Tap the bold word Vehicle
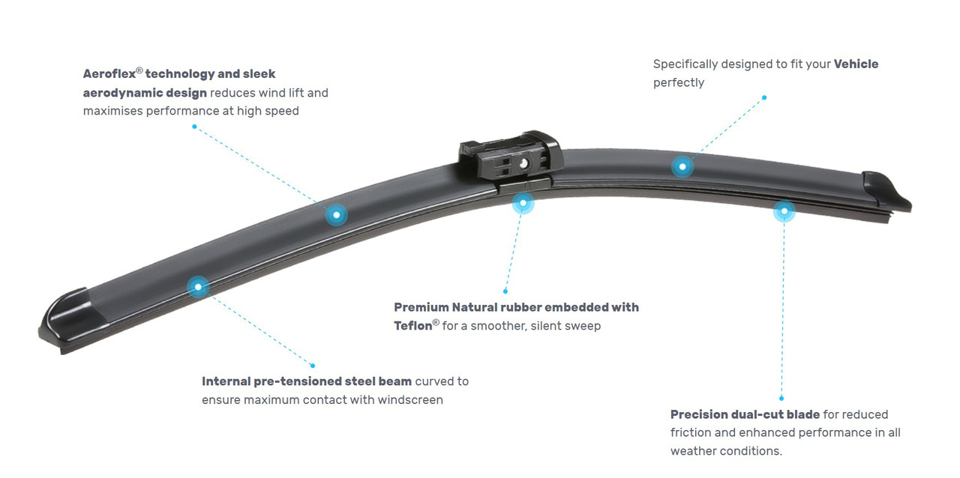(x=856, y=64)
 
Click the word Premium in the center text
(x=421, y=307)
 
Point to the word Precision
(x=699, y=414)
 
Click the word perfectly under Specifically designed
(x=678, y=82)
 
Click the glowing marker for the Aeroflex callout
(x=336, y=215)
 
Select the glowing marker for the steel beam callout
(x=198, y=286)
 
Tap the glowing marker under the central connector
(x=523, y=203)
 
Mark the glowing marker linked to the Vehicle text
(x=682, y=166)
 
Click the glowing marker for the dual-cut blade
(x=784, y=211)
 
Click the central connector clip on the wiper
(x=510, y=156)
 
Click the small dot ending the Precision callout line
(x=781, y=399)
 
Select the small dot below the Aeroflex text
(x=194, y=127)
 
